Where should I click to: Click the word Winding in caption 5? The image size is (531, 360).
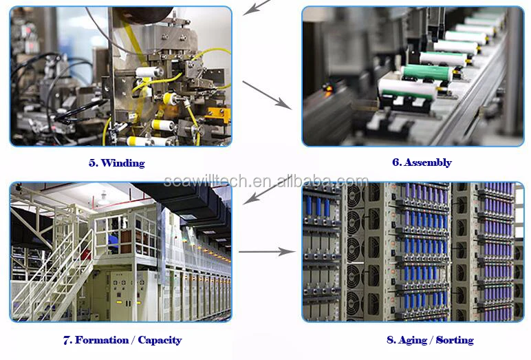tap(126, 163)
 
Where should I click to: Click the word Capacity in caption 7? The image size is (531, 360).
tap(159, 340)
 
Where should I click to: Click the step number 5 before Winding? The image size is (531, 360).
tap(91, 163)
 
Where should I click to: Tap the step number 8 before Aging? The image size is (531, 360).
tap(390, 340)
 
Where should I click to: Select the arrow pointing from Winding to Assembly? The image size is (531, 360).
tap(267, 94)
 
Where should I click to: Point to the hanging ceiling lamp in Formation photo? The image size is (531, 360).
tap(103, 200)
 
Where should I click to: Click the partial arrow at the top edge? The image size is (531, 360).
tap(257, 7)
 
